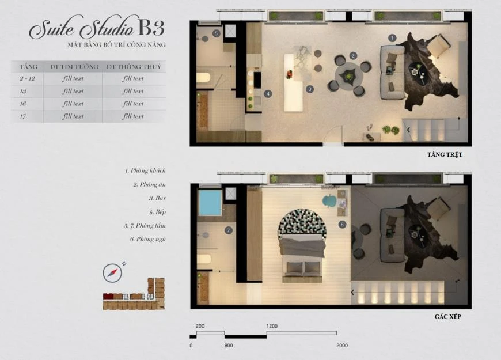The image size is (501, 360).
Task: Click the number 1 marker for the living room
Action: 392,39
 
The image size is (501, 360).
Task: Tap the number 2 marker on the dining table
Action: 353,56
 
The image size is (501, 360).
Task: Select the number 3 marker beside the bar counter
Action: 310,89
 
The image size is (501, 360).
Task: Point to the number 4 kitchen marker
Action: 268,94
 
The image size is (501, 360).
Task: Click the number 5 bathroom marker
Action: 217,33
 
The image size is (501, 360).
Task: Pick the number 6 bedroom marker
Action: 342,225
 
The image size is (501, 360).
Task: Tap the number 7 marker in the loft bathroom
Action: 228,230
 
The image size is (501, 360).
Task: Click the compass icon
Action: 112,273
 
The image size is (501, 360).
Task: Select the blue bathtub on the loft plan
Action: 210,203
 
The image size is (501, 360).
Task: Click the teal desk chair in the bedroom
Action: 329,201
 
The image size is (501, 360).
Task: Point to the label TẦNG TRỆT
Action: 445,155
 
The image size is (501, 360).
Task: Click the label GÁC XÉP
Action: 447,317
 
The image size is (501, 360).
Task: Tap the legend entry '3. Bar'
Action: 158,198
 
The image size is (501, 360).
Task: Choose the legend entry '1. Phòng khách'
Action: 145,170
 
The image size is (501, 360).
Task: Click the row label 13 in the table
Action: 22,92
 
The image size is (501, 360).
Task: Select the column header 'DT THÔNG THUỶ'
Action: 134,67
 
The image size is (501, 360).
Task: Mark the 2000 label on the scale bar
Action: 342,346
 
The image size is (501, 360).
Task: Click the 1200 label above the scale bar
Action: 272,326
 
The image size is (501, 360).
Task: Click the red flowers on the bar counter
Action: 289,74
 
